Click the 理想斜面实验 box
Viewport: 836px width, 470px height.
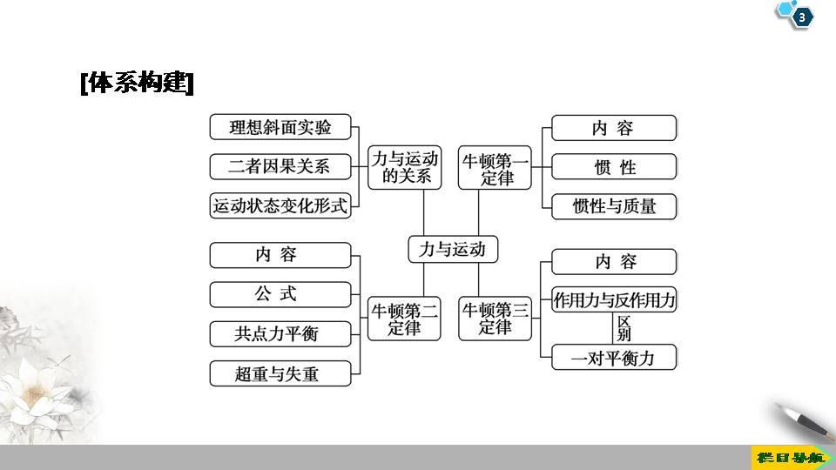[280, 127]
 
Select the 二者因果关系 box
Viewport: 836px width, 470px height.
[280, 166]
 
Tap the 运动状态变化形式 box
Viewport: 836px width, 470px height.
[280, 205]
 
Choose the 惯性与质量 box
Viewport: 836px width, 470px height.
[614, 206]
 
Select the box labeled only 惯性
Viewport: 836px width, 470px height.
[614, 167]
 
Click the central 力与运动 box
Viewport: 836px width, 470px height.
[452, 249]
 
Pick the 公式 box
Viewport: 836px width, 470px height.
[280, 294]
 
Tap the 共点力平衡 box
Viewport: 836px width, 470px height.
[280, 334]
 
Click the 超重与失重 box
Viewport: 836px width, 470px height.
[280, 373]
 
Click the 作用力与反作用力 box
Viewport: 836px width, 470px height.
[614, 300]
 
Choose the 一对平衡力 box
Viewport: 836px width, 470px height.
[614, 357]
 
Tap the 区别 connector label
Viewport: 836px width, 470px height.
[624, 328]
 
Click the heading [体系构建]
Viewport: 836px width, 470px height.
[137, 84]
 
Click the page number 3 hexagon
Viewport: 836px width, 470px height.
[801, 17]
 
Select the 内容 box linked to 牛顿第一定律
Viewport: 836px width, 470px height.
[614, 128]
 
